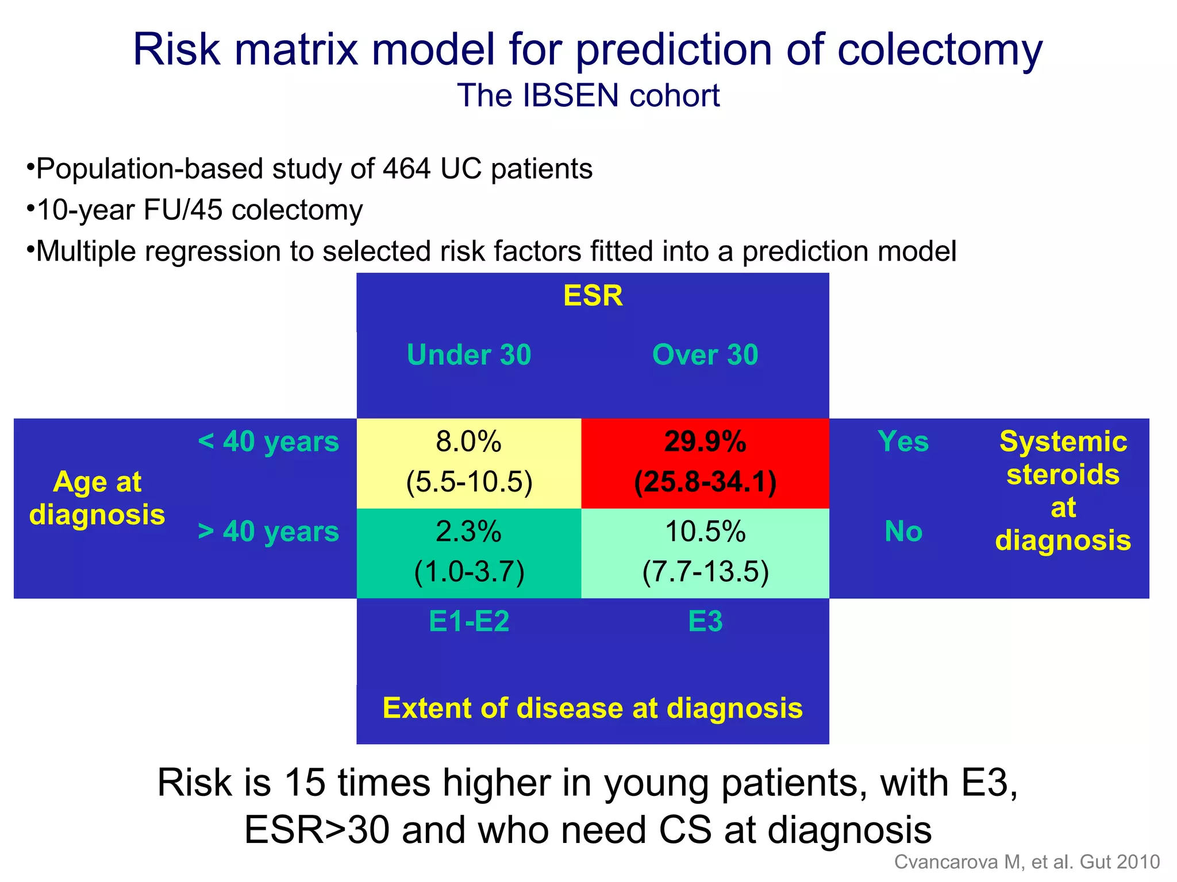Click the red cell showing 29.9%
[705, 463]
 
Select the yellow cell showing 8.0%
[469, 463]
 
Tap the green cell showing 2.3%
[469, 552]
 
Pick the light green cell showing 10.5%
[705, 552]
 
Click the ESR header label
[593, 296]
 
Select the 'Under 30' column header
[469, 355]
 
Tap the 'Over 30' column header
[705, 355]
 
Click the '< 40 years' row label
[268, 442]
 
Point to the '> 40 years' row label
[268, 532]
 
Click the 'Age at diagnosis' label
[97, 498]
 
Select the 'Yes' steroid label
[903, 442]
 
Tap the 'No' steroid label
[903, 532]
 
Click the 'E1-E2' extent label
[469, 621]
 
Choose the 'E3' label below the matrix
[705, 621]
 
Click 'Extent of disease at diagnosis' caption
[593, 708]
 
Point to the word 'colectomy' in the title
[939, 51]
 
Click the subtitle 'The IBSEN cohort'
[588, 95]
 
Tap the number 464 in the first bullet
[406, 169]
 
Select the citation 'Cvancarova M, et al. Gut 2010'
[1027, 862]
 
